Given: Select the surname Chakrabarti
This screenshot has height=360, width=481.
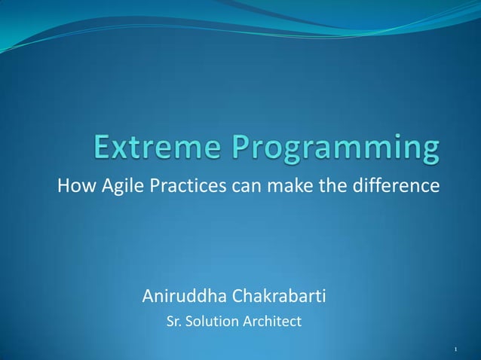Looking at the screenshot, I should click(280, 294).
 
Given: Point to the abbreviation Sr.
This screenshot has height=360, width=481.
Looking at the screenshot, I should click(173, 322).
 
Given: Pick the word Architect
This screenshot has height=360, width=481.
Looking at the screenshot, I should click(271, 322).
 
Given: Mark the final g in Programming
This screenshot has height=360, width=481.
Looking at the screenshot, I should click(430, 152).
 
